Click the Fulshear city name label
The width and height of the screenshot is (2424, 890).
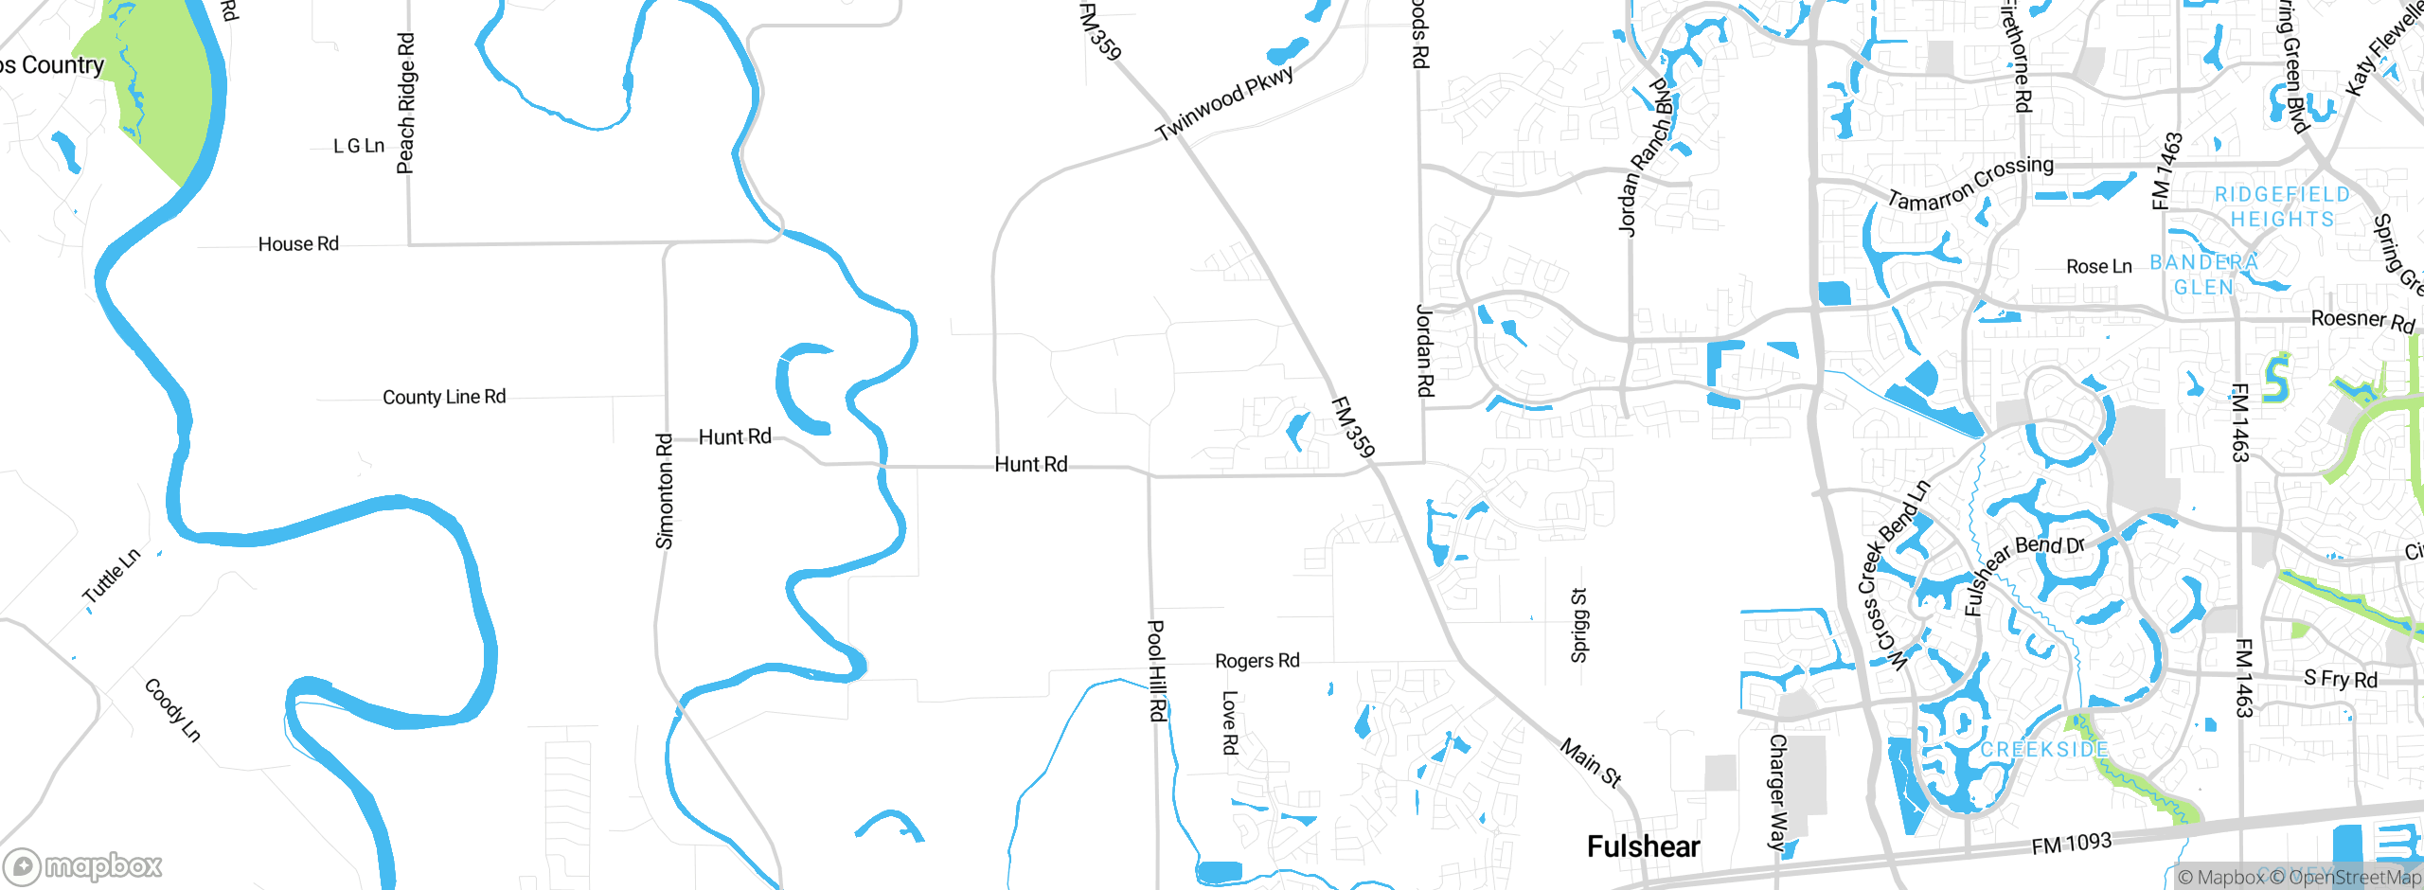coord(1643,846)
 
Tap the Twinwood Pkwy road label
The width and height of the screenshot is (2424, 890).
coord(1224,102)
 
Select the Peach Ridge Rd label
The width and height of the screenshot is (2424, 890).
coord(405,104)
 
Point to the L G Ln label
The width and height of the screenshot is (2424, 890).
coord(359,146)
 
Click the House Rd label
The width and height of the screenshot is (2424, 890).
coord(298,244)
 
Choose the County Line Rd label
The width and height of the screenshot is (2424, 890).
coord(444,397)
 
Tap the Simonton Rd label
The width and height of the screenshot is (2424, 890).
coord(665,491)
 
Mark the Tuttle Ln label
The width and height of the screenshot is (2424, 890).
coord(112,576)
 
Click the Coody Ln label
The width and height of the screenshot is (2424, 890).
coord(172,709)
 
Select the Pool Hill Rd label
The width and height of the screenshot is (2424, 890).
coord(1156,670)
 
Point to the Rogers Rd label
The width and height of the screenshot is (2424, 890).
coord(1257,661)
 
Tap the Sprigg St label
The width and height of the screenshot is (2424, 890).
coord(1578,625)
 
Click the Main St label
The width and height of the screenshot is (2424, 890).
coord(1591,763)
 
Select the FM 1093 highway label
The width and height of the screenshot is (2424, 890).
coord(2071,843)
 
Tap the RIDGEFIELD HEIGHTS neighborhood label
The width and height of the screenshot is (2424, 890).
coord(2282,206)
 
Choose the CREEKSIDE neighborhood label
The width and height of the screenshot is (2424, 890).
coord(2044,750)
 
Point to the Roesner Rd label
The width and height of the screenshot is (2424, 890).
coord(2362,320)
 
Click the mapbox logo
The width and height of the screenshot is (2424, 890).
coord(83,866)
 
